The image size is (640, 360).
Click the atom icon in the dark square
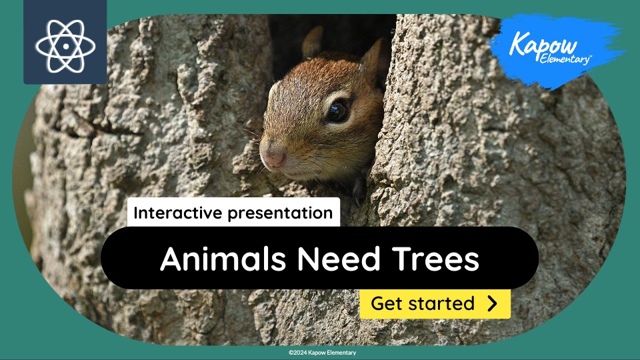click(65, 45)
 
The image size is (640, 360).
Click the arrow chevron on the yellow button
click(492, 304)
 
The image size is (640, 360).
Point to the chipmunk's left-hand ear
click(312, 43)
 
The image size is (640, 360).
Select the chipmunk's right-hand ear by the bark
click(373, 57)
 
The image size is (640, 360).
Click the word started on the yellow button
click(441, 304)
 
